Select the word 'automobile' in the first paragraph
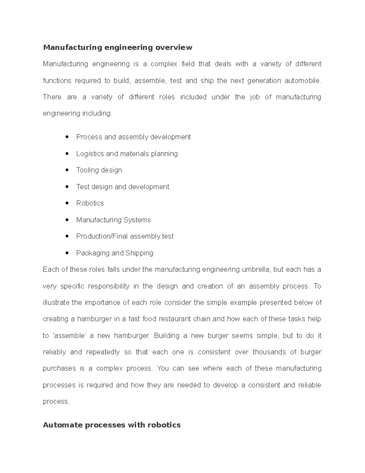click(x=302, y=81)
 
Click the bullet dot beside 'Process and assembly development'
click(x=67, y=137)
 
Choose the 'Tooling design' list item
click(x=99, y=170)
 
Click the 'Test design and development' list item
click(x=123, y=187)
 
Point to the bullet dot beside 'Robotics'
click(x=67, y=203)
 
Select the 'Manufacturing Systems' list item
click(x=113, y=220)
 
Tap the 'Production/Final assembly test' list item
click(x=125, y=236)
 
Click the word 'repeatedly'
click(x=103, y=352)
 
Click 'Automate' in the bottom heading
click(x=63, y=425)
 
